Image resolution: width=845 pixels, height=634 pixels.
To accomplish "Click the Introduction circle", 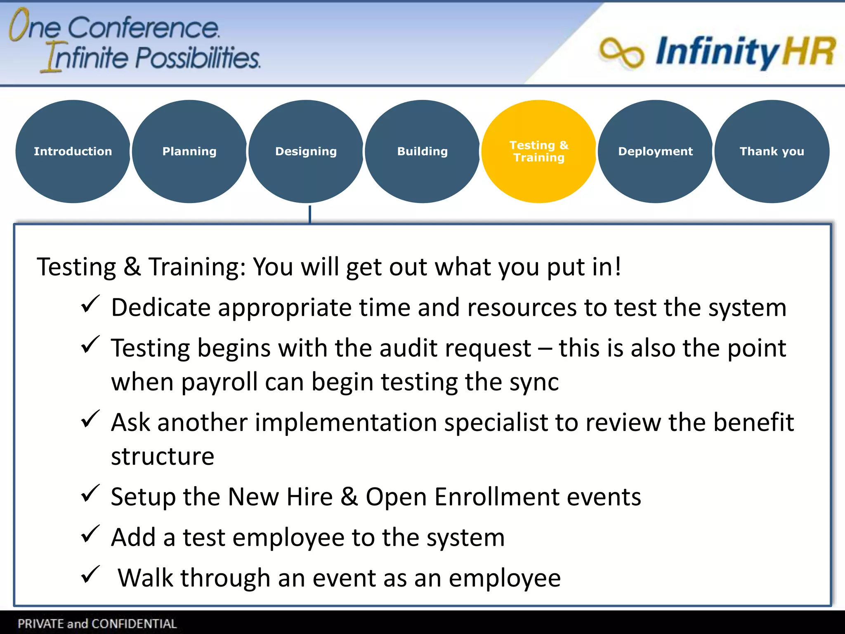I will tap(73, 151).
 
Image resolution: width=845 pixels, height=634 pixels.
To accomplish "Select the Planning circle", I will tap(189, 151).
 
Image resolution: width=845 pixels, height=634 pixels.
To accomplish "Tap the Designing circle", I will tap(306, 151).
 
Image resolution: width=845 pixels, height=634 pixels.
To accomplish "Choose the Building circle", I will tap(422, 151).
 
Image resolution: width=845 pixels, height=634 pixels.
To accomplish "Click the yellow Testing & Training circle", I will tap(539, 151).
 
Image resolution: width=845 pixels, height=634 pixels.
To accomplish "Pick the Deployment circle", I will tap(655, 151).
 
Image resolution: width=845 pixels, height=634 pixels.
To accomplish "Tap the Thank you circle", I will tap(772, 151).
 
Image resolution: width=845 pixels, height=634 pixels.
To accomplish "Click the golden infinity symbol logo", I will tap(621, 52).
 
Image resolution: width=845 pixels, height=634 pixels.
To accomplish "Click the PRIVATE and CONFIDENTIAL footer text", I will tap(97, 624).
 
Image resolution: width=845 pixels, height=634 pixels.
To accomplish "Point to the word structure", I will tap(163, 457).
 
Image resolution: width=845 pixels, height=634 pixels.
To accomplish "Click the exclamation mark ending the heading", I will tap(617, 266).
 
